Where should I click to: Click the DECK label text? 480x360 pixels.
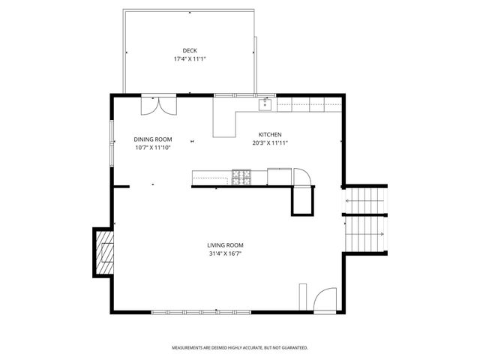pos(190,50)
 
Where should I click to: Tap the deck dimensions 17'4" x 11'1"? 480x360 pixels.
pos(190,58)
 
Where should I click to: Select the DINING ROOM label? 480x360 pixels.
pos(153,139)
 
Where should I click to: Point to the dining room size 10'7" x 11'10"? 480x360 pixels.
pos(153,148)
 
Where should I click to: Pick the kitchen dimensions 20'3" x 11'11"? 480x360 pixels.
pos(271,142)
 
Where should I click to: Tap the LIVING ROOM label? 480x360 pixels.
pos(226,245)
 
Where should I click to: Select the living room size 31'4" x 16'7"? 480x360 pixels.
pos(226,253)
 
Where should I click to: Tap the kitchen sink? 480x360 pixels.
pos(265,105)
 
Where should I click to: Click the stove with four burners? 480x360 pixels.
pos(241,177)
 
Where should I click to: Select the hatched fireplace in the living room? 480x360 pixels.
pos(103,253)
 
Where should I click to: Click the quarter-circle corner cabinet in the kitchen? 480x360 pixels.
pos(302,177)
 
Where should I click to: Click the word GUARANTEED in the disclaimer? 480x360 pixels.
pos(292,348)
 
